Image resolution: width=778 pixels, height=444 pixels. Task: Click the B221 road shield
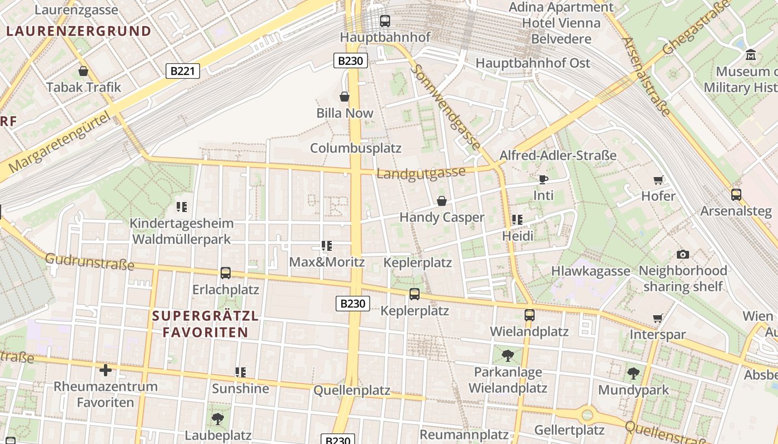tap(183, 70)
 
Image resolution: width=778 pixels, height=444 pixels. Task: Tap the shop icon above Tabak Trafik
tap(83, 71)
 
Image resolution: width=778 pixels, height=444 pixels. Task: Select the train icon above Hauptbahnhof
tap(385, 21)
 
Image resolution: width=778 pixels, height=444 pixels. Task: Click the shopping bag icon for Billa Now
tap(345, 97)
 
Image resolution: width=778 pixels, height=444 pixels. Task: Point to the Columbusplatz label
tap(356, 148)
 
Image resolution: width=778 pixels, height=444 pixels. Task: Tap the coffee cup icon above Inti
tap(543, 179)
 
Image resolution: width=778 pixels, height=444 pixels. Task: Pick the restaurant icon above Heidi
tap(517, 220)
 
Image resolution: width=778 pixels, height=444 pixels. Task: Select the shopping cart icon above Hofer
tap(658, 180)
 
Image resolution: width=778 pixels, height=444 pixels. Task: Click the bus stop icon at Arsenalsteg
tap(736, 195)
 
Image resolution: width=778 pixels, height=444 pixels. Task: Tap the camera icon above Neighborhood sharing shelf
tap(683, 254)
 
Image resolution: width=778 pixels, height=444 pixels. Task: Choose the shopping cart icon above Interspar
tap(658, 319)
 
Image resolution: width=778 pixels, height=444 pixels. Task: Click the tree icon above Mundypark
tap(634, 374)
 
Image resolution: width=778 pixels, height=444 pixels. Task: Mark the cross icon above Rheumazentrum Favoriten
tap(106, 370)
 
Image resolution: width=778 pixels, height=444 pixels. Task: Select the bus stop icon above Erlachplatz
tap(226, 273)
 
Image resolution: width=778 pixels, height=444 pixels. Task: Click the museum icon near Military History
tap(751, 55)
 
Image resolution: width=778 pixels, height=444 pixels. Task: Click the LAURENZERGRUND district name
tap(78, 31)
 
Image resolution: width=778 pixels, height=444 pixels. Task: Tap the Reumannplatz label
tap(464, 434)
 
